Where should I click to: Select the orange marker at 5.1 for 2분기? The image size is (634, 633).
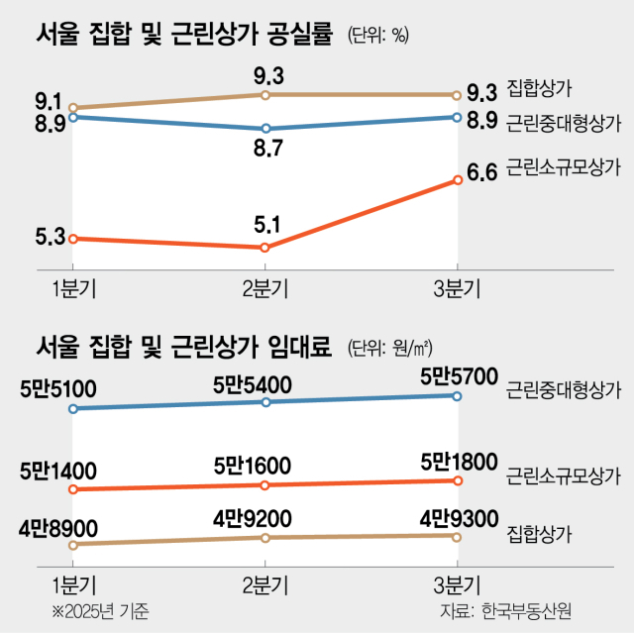(264, 247)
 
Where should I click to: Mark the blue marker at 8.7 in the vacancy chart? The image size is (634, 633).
(264, 129)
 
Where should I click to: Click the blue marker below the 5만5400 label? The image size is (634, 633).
(264, 401)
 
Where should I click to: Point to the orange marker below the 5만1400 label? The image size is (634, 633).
(72, 489)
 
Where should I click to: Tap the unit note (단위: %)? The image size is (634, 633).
(377, 37)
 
